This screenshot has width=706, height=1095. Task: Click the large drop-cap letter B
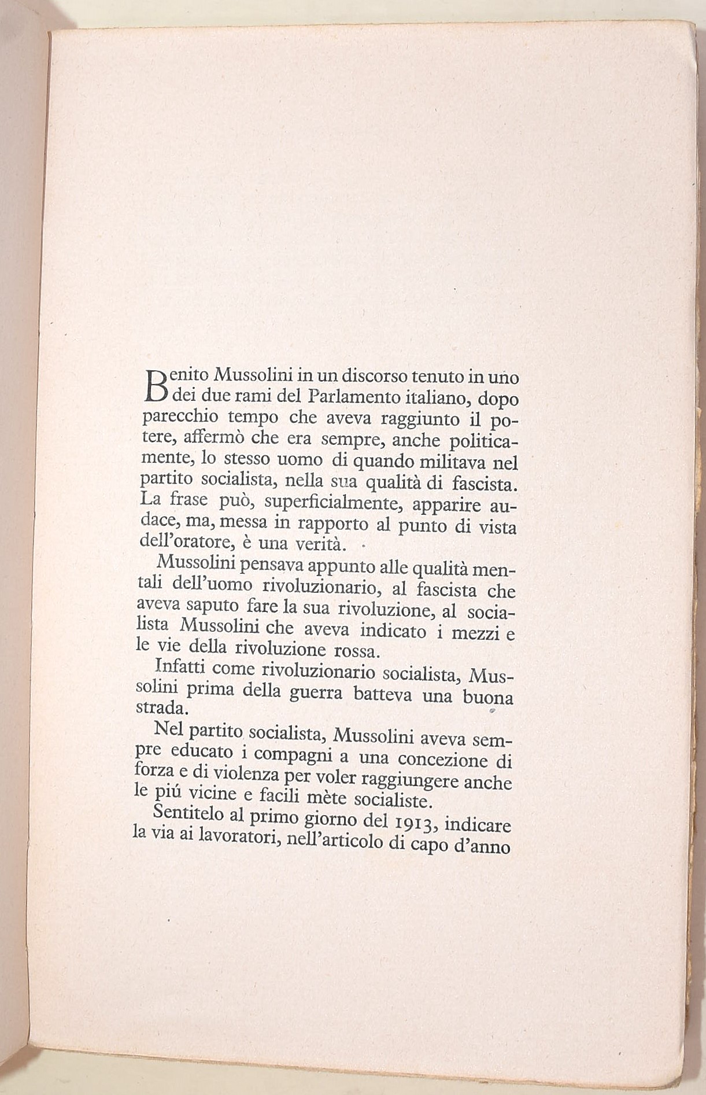(x=154, y=385)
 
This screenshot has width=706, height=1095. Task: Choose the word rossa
(x=356, y=650)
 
